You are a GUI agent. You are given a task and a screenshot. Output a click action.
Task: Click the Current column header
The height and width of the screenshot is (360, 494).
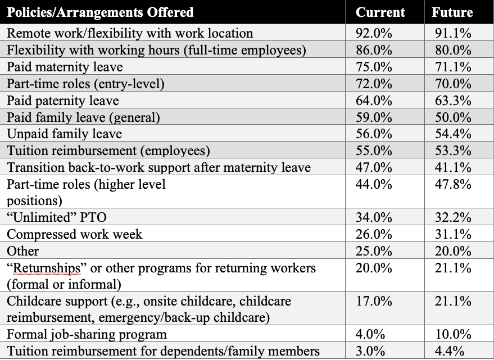(380, 12)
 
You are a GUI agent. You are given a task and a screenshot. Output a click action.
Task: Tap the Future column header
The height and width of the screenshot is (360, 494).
(452, 12)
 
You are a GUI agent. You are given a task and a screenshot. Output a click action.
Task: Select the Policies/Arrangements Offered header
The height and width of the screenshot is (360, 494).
(100, 12)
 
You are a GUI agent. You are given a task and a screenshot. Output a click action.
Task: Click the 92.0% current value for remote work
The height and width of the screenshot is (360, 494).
(374, 33)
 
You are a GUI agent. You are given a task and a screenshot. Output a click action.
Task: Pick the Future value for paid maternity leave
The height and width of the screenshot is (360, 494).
(453, 67)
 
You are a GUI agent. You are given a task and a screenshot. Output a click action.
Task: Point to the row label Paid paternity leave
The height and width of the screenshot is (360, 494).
(63, 101)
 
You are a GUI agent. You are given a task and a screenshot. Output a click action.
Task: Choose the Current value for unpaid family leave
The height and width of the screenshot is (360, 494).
(374, 134)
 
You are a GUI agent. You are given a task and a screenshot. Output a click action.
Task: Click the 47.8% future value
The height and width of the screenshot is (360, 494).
(453, 184)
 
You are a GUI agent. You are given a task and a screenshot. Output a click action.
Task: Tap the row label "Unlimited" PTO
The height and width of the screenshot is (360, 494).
(57, 217)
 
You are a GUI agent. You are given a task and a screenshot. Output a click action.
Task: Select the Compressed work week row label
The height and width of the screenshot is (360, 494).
(74, 234)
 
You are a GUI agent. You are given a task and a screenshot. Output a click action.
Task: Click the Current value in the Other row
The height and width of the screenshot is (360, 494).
(374, 251)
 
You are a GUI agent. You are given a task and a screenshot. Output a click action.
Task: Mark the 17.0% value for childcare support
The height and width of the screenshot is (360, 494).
(374, 301)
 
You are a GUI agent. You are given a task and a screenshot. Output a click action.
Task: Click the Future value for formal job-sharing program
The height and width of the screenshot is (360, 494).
(453, 334)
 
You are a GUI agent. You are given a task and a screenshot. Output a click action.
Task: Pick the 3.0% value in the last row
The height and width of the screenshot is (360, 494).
(370, 351)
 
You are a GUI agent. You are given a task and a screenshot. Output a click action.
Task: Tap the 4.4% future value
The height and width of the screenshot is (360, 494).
(450, 351)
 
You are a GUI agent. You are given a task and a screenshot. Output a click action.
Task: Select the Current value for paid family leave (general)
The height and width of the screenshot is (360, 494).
(374, 117)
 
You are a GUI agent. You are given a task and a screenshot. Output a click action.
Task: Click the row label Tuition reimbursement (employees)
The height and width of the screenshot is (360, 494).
(108, 151)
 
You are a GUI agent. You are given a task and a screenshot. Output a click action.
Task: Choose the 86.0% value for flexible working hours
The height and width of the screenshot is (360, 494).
(374, 50)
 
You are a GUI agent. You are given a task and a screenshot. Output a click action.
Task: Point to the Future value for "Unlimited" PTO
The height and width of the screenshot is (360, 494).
(453, 217)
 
